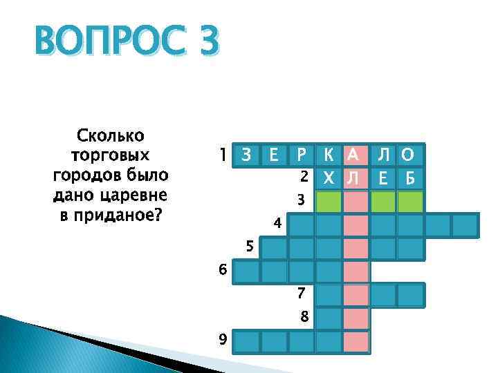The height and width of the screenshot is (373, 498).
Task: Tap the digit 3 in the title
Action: tap(205, 44)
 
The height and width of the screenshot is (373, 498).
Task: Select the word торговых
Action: tap(111, 153)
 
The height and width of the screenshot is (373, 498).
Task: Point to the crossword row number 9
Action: tap(221, 339)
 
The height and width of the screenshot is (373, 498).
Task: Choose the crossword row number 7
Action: tap(301, 292)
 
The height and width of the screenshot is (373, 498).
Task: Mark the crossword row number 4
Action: tap(277, 224)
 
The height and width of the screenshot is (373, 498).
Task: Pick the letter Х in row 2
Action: tap(329, 178)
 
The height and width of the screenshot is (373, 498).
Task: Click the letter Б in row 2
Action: tap(409, 178)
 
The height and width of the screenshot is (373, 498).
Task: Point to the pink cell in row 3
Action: tap(356, 202)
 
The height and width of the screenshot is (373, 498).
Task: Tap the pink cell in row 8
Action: tap(356, 318)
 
